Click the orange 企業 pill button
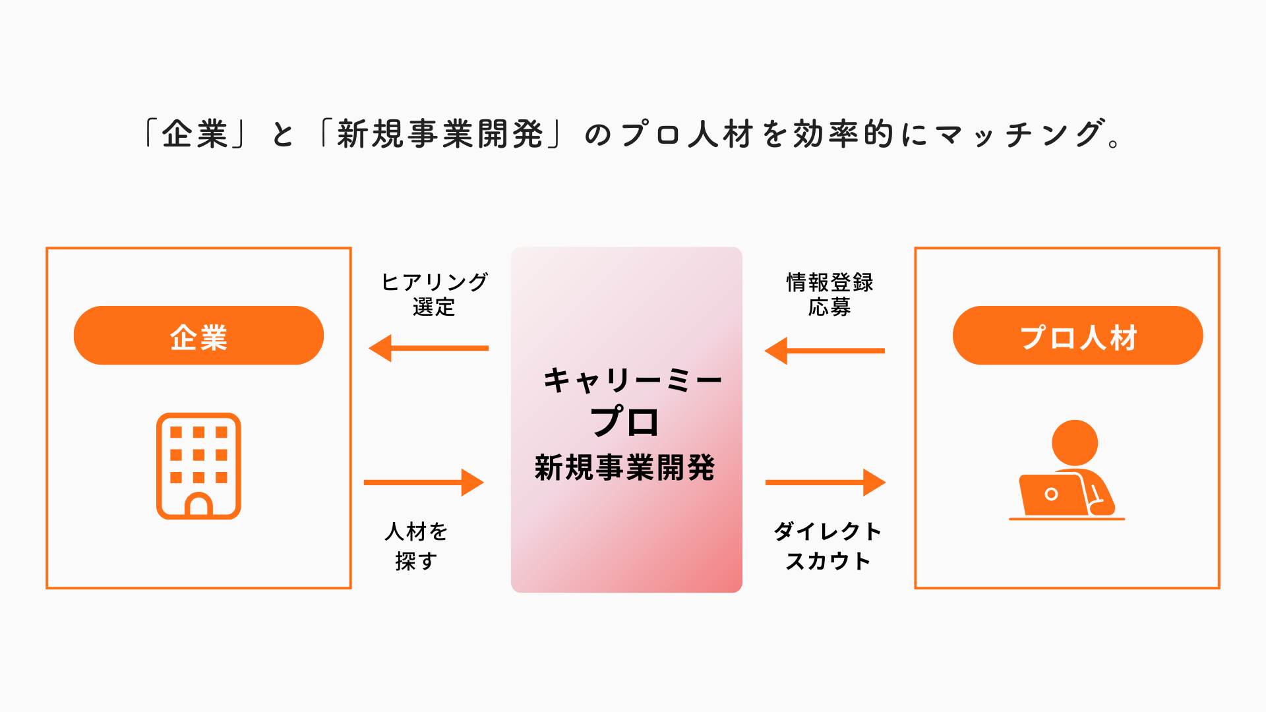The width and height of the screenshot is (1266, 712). coord(198,336)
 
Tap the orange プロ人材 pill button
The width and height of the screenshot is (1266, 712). coord(1077,336)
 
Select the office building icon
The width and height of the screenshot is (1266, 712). coord(198,465)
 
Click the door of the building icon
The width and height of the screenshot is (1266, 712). coord(198,505)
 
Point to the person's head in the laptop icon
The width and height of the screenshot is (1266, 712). coord(1074,442)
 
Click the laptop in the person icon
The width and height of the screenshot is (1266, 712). coord(1052,494)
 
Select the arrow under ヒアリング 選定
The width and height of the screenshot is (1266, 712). coord(429,348)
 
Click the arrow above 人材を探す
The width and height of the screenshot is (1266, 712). coord(423,483)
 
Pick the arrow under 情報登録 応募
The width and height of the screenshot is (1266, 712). coord(825,351)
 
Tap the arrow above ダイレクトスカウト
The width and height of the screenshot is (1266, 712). coord(825,483)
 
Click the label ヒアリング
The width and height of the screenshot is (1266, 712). coord(435,282)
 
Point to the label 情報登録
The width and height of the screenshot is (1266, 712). coord(829,282)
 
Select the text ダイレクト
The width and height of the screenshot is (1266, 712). coord(828,531)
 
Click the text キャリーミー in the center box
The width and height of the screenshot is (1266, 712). coord(632,380)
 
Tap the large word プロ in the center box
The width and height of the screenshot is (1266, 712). coord(624,422)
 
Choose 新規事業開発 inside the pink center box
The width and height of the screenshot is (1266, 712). coord(624,468)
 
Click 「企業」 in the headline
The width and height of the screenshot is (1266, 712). coord(195,134)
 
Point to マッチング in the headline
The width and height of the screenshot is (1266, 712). coord(1019,134)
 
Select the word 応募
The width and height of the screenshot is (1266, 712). coord(829,307)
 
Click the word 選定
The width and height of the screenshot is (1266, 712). coord(434,307)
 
